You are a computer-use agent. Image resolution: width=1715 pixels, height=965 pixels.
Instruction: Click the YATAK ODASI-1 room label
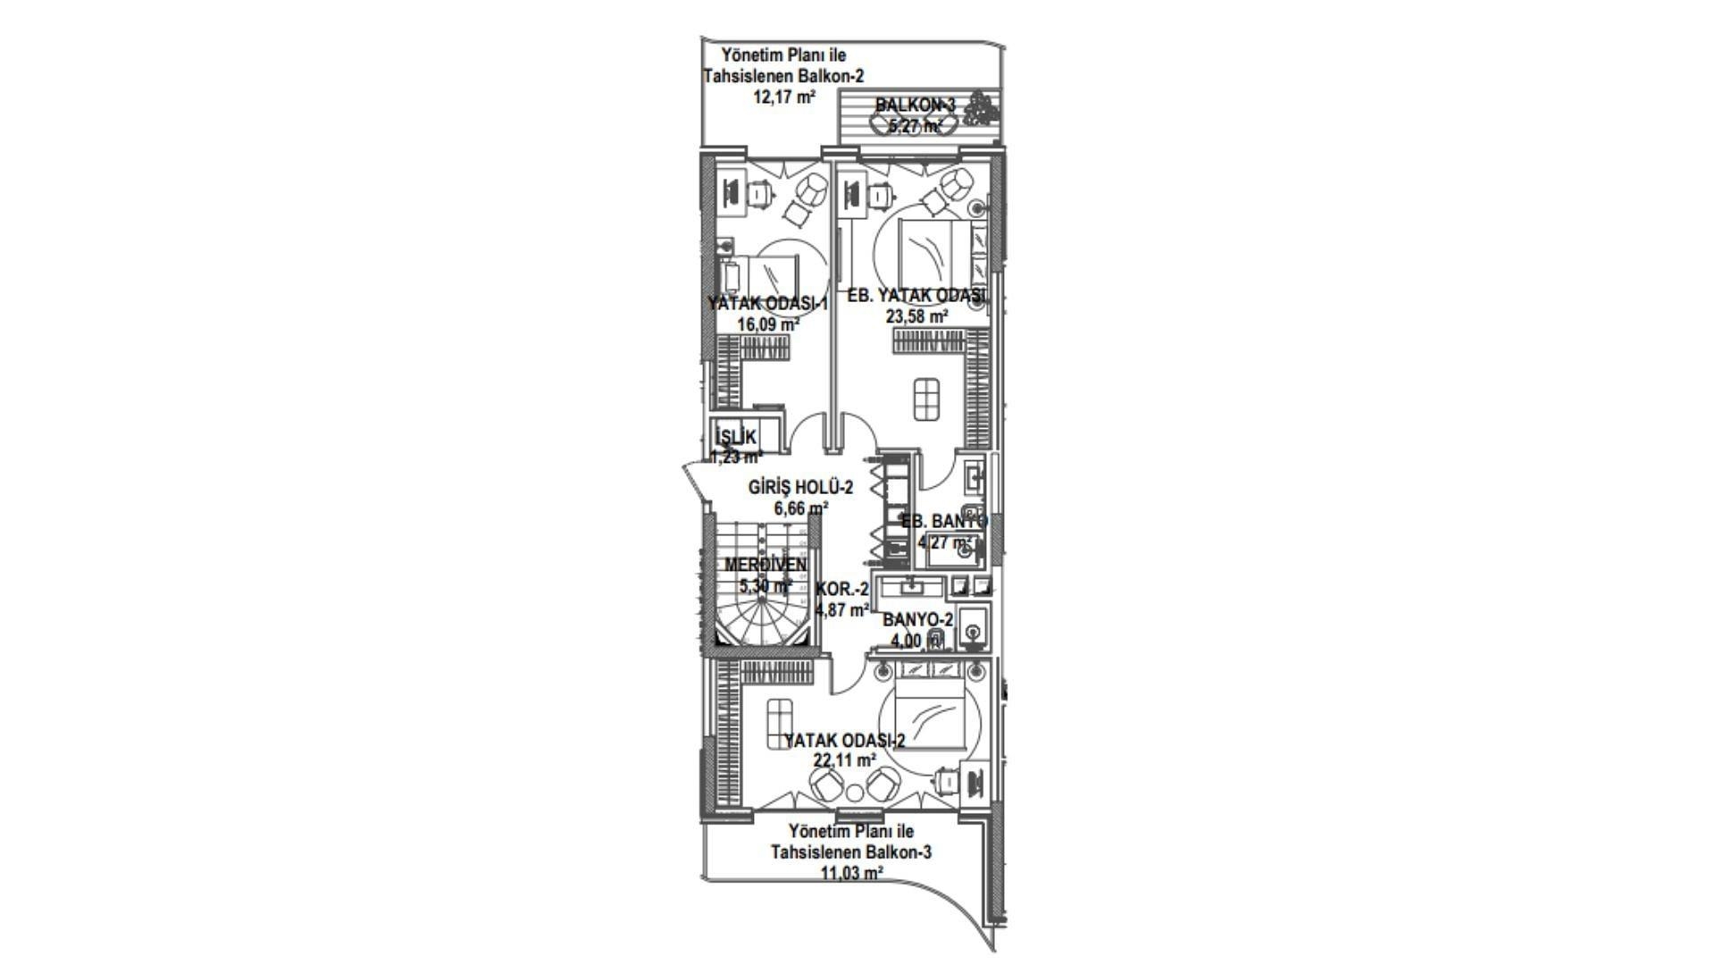click(x=767, y=304)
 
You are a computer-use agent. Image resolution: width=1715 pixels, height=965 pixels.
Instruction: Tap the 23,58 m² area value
click(x=916, y=315)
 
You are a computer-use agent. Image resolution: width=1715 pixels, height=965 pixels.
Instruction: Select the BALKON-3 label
click(x=915, y=105)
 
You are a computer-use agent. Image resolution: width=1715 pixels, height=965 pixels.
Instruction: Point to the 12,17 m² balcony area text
click(x=784, y=97)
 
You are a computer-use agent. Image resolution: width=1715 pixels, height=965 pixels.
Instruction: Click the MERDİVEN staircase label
click(x=765, y=565)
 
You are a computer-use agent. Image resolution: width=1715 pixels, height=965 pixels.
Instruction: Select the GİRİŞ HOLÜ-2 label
click(x=800, y=488)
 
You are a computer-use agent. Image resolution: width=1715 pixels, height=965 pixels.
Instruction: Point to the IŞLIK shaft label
click(x=736, y=438)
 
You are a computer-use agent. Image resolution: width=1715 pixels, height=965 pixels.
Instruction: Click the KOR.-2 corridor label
click(x=841, y=590)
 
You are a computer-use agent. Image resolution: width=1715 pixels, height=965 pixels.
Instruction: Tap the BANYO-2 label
click(x=917, y=620)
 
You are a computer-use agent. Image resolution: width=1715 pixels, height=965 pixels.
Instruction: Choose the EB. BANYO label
click(x=943, y=522)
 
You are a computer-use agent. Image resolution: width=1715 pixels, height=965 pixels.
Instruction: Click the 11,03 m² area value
click(x=851, y=873)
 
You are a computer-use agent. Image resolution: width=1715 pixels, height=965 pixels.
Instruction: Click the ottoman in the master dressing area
click(x=926, y=399)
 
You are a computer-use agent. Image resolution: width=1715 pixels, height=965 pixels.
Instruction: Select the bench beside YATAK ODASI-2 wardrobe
click(x=780, y=722)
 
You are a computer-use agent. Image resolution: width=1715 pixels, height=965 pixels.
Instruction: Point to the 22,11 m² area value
click(x=843, y=760)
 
